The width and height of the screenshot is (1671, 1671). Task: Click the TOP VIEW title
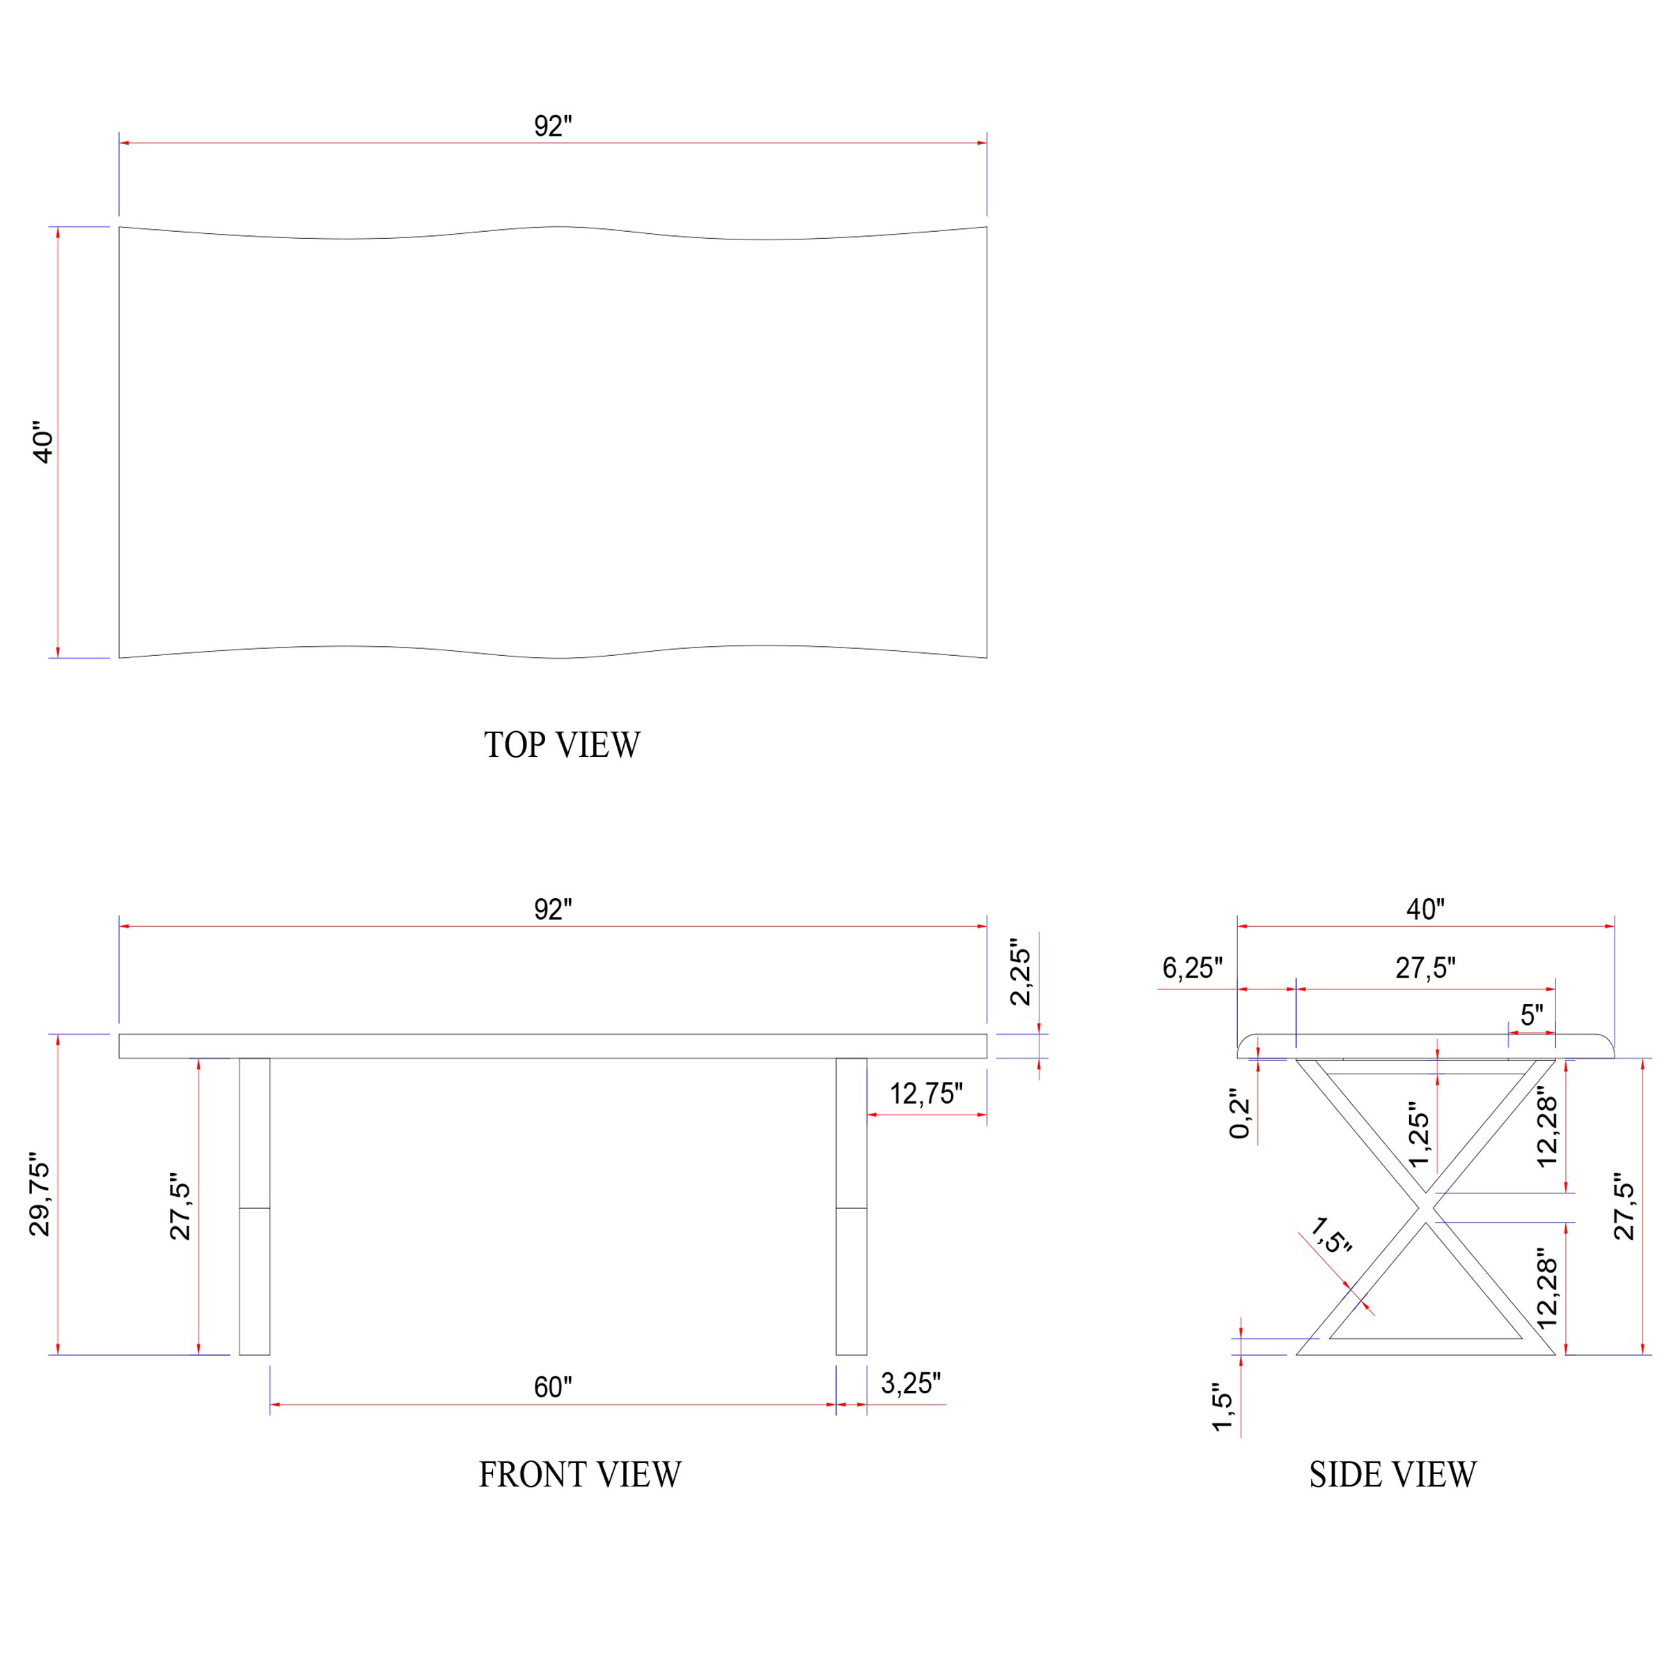tap(562, 745)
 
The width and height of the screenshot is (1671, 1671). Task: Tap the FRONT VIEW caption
tap(581, 1475)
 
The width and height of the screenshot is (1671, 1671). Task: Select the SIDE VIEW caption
tap(1392, 1475)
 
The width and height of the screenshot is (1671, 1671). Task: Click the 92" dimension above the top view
tap(553, 126)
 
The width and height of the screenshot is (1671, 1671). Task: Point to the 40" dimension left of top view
tap(42, 443)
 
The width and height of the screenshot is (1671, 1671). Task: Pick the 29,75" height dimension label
tap(40, 1195)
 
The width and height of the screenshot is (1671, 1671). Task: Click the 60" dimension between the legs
tap(553, 1388)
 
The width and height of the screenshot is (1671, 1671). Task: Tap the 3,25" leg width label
tap(911, 1384)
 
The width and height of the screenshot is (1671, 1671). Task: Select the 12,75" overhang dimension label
tap(926, 1094)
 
